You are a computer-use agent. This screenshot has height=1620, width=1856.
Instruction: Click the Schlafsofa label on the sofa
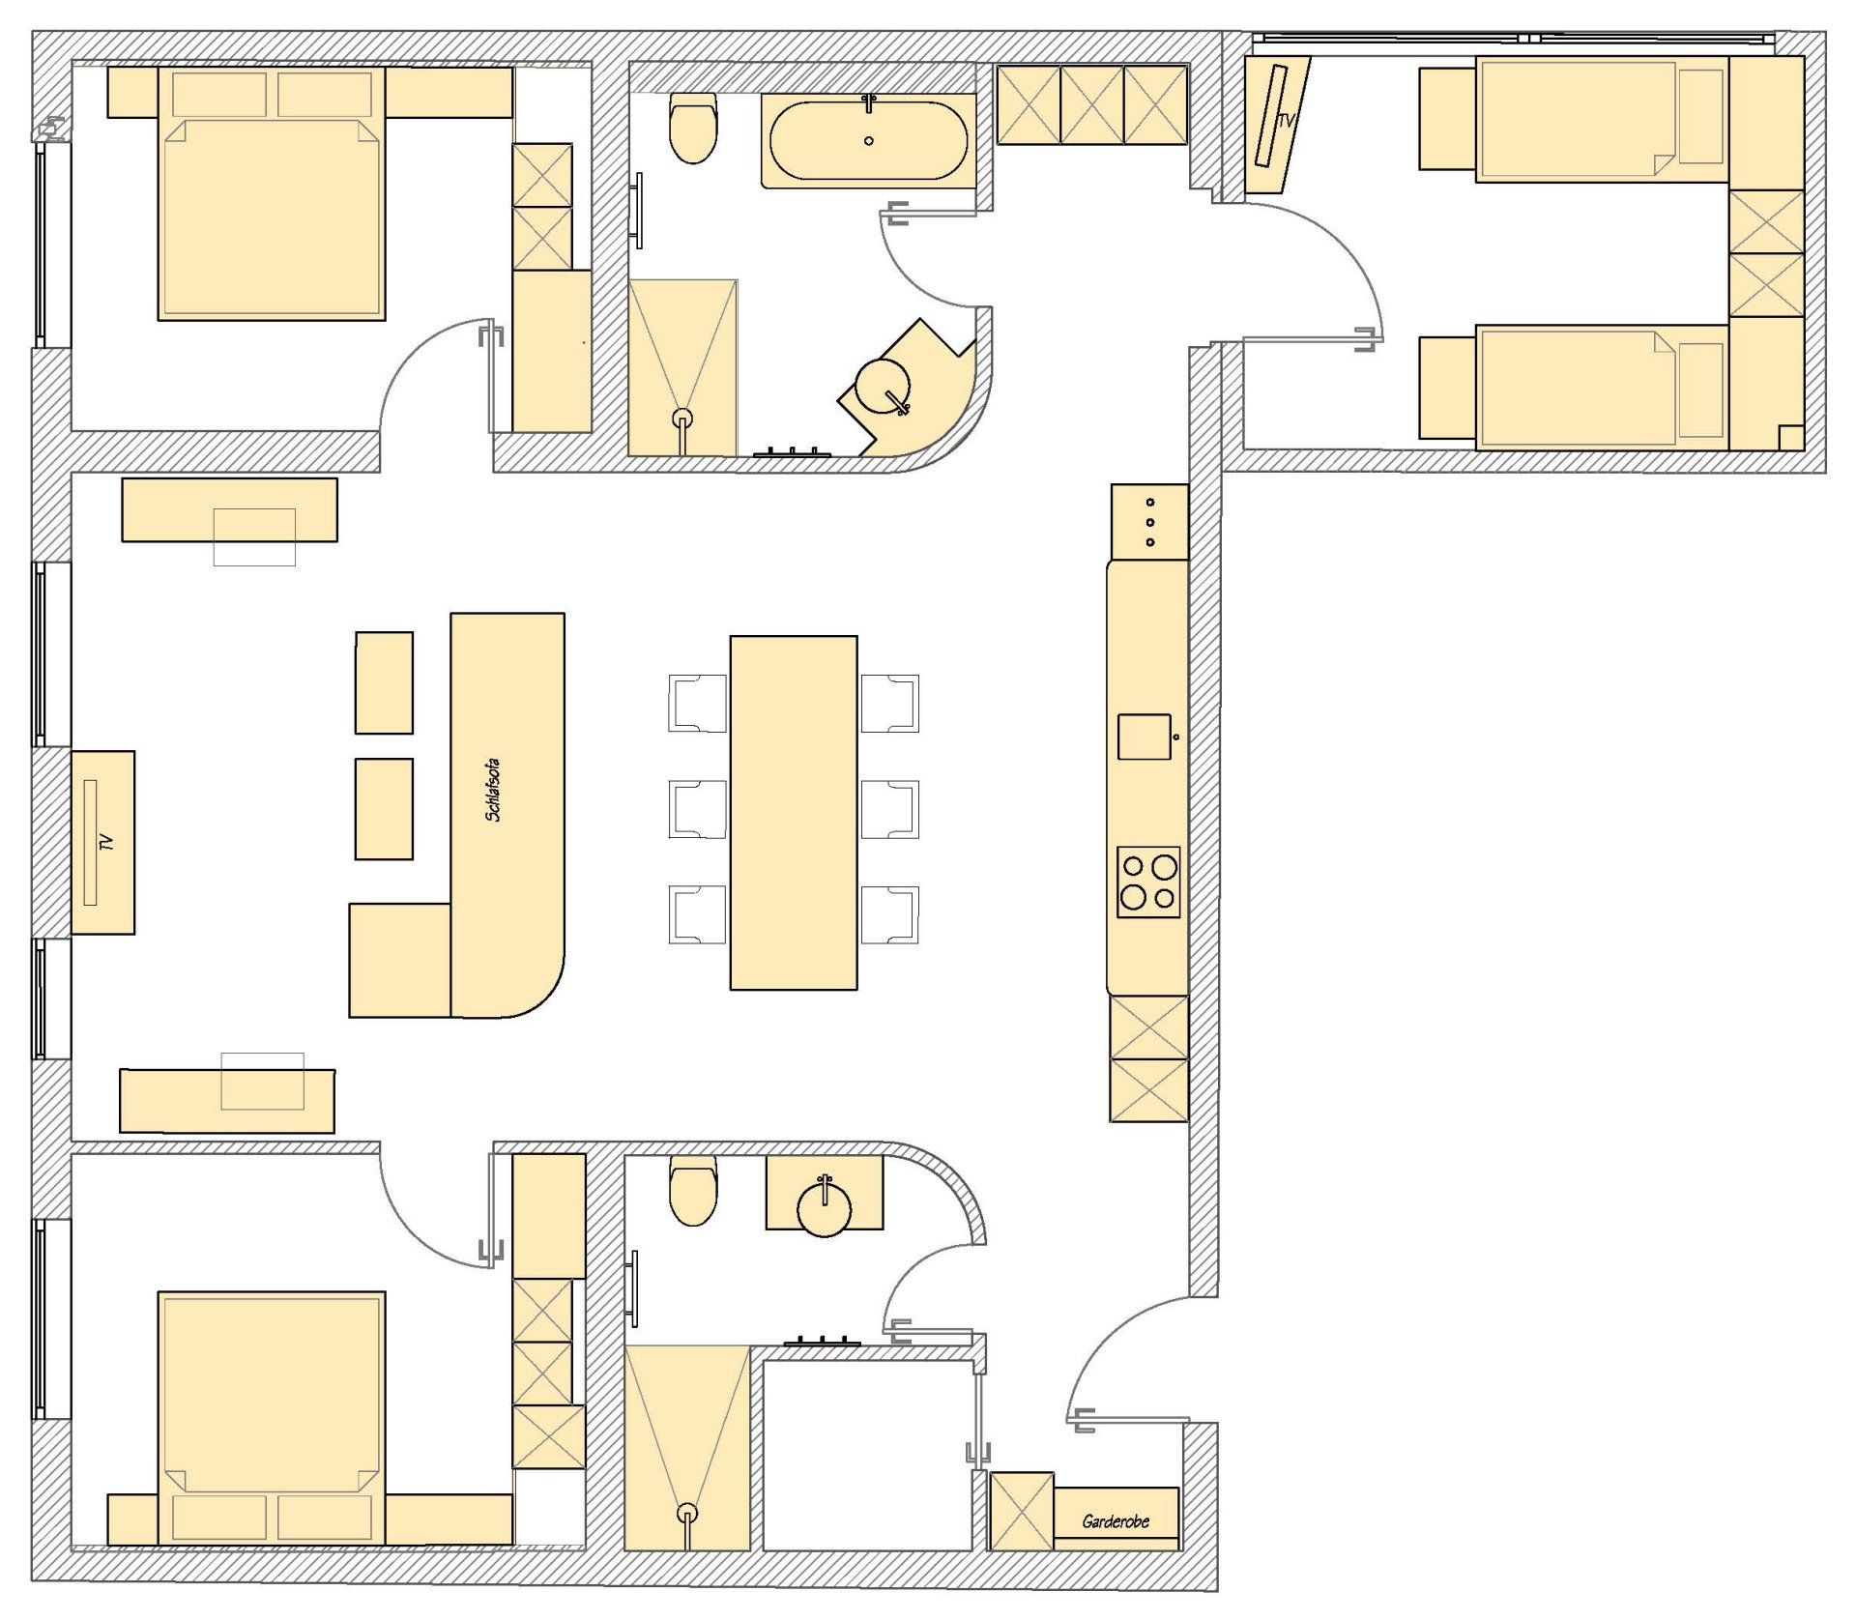(x=494, y=790)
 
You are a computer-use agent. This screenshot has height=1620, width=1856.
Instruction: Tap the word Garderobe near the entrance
(x=1116, y=1521)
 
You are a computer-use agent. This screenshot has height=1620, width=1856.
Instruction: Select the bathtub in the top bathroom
(x=868, y=140)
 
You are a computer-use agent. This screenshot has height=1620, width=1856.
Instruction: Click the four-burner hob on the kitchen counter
(x=1148, y=882)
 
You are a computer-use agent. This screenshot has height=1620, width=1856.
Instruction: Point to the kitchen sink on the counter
(x=1145, y=737)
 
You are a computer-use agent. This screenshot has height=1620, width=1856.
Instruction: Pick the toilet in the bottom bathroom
(x=693, y=1190)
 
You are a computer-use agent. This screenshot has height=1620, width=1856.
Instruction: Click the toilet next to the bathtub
(x=693, y=128)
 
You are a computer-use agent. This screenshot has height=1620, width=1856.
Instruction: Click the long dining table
(x=794, y=812)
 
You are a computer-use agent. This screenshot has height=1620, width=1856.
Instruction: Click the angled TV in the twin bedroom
(x=1277, y=126)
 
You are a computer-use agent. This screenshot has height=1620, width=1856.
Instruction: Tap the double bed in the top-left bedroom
(x=272, y=193)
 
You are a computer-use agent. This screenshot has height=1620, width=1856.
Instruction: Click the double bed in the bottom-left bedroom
(x=272, y=1417)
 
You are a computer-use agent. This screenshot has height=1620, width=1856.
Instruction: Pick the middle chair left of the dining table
(x=698, y=808)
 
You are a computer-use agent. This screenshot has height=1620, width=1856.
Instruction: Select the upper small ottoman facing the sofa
(x=384, y=682)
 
